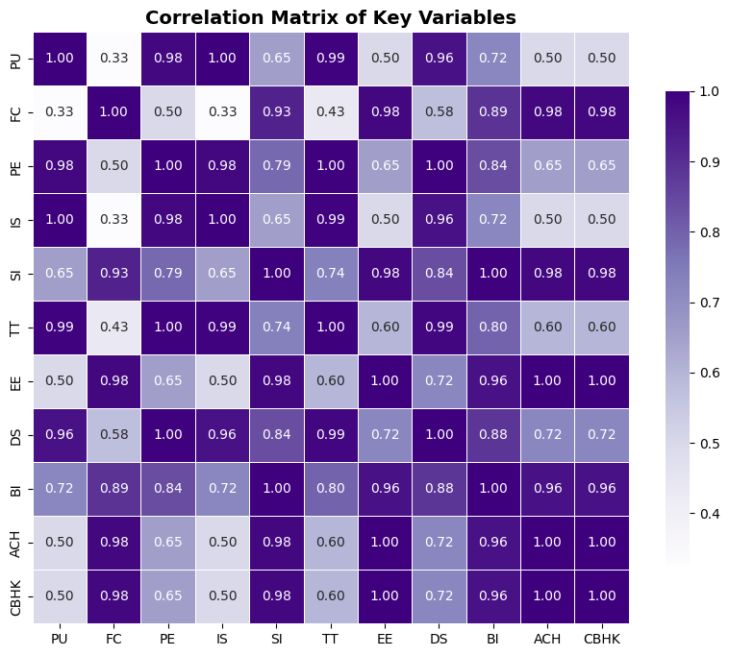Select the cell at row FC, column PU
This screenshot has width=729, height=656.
click(x=60, y=112)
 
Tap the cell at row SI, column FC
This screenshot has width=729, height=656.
click(x=114, y=274)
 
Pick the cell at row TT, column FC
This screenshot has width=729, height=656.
click(x=114, y=328)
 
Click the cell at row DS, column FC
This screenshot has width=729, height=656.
click(x=114, y=435)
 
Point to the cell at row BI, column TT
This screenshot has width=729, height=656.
click(x=330, y=489)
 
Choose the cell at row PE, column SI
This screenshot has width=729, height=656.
click(x=276, y=166)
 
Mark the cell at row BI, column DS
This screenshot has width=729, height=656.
click(x=438, y=489)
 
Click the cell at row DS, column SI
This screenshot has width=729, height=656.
click(x=276, y=435)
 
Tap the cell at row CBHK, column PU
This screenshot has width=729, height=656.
click(x=60, y=596)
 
